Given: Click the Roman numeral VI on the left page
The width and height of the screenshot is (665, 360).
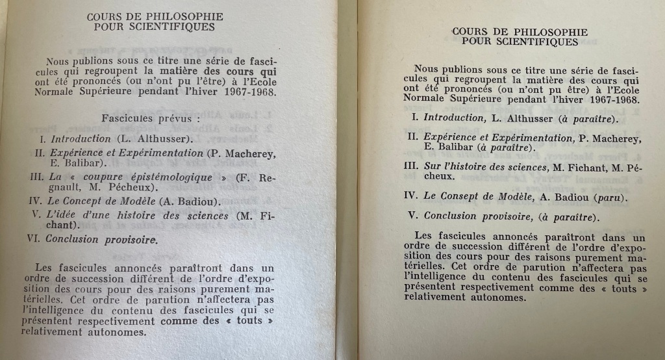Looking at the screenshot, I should click(34, 238).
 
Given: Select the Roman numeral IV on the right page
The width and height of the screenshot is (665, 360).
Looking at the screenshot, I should click(410, 194).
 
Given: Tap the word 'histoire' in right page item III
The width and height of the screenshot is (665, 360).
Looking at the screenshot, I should click(478, 166).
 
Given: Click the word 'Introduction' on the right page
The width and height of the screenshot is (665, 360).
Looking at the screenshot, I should click(453, 118).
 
